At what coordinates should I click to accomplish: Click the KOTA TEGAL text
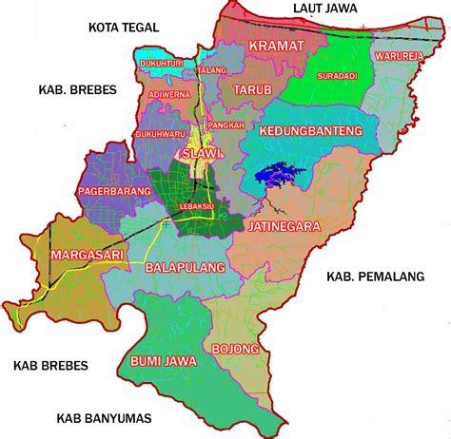coord(122,27)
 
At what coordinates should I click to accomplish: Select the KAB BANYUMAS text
coord(104,417)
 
